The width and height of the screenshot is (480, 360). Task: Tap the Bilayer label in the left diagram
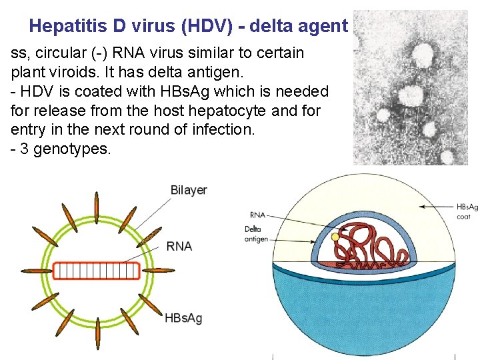[189, 190]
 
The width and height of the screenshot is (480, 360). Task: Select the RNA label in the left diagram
[179, 246]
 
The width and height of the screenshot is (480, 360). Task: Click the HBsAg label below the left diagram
[183, 318]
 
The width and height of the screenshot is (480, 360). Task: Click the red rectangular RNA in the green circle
[97, 270]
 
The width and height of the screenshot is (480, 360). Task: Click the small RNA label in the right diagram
[257, 215]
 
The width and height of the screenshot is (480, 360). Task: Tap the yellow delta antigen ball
[335, 237]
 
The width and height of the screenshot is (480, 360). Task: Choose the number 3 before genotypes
[25, 149]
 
